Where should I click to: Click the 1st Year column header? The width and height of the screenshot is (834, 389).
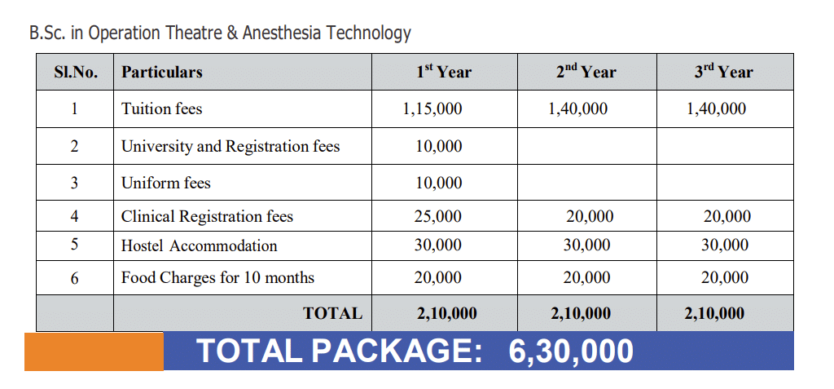pyautogui.click(x=444, y=72)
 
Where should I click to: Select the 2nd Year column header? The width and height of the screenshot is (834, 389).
pyautogui.click(x=586, y=72)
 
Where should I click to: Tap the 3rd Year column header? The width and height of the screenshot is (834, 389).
pyautogui.click(x=724, y=72)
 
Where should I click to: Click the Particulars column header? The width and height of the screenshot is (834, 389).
pyautogui.click(x=162, y=72)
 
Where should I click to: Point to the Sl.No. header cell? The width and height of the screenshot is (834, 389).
pyautogui.click(x=76, y=72)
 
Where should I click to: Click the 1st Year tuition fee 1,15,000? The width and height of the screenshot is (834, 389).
pyautogui.click(x=432, y=108)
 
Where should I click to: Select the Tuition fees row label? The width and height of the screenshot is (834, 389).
pyautogui.click(x=162, y=108)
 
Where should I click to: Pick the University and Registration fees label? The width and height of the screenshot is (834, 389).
pyautogui.click(x=230, y=147)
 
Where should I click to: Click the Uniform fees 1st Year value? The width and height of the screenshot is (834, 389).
pyautogui.click(x=438, y=183)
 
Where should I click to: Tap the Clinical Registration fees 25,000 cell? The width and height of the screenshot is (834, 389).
pyautogui.click(x=438, y=217)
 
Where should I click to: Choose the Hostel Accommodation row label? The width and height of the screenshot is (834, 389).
pyautogui.click(x=200, y=245)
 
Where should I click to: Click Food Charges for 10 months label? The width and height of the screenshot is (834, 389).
pyautogui.click(x=217, y=278)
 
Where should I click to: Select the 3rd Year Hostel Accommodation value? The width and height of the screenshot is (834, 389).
pyautogui.click(x=725, y=245)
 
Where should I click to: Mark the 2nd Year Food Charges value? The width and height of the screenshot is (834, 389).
pyautogui.click(x=586, y=278)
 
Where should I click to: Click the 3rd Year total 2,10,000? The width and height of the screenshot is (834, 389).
pyautogui.click(x=714, y=313)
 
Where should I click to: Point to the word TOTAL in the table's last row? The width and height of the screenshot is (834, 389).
pyautogui.click(x=333, y=313)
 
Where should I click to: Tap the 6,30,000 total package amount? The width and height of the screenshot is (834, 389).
pyautogui.click(x=571, y=351)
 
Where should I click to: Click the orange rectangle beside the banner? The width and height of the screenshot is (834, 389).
pyautogui.click(x=94, y=351)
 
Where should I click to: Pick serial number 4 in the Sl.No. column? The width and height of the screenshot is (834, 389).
pyautogui.click(x=74, y=217)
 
